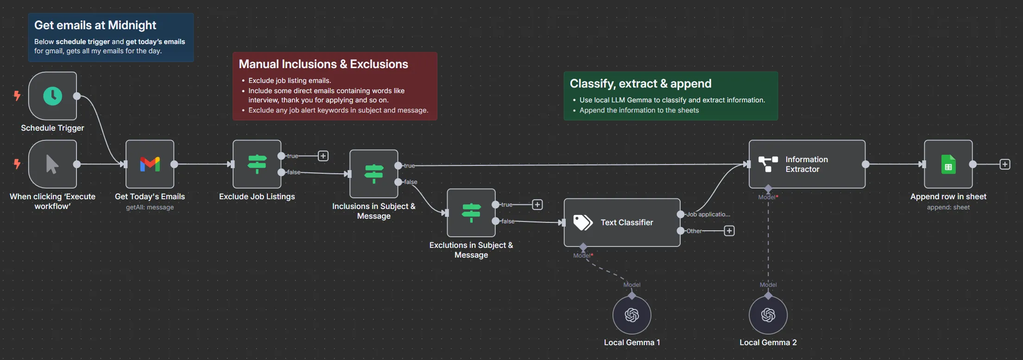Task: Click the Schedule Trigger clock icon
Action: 52,96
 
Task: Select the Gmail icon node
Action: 150,164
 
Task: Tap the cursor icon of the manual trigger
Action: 52,164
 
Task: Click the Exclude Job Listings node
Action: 257,164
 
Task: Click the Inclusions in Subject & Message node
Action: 373,174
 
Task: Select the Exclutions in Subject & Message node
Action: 471,213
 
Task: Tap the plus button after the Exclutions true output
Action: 537,205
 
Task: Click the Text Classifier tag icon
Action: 582,222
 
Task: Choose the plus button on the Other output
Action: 729,231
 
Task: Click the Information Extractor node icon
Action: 768,164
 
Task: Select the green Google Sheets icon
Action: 948,164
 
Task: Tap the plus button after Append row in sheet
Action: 1004,164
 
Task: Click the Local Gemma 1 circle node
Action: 631,315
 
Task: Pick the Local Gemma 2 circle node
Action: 768,315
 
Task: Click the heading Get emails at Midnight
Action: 95,25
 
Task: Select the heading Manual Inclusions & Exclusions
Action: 323,64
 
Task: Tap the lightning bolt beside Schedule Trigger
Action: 17,96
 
